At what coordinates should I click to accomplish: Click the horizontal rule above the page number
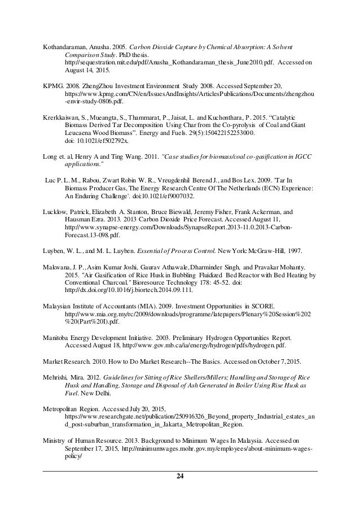pos(180,470)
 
